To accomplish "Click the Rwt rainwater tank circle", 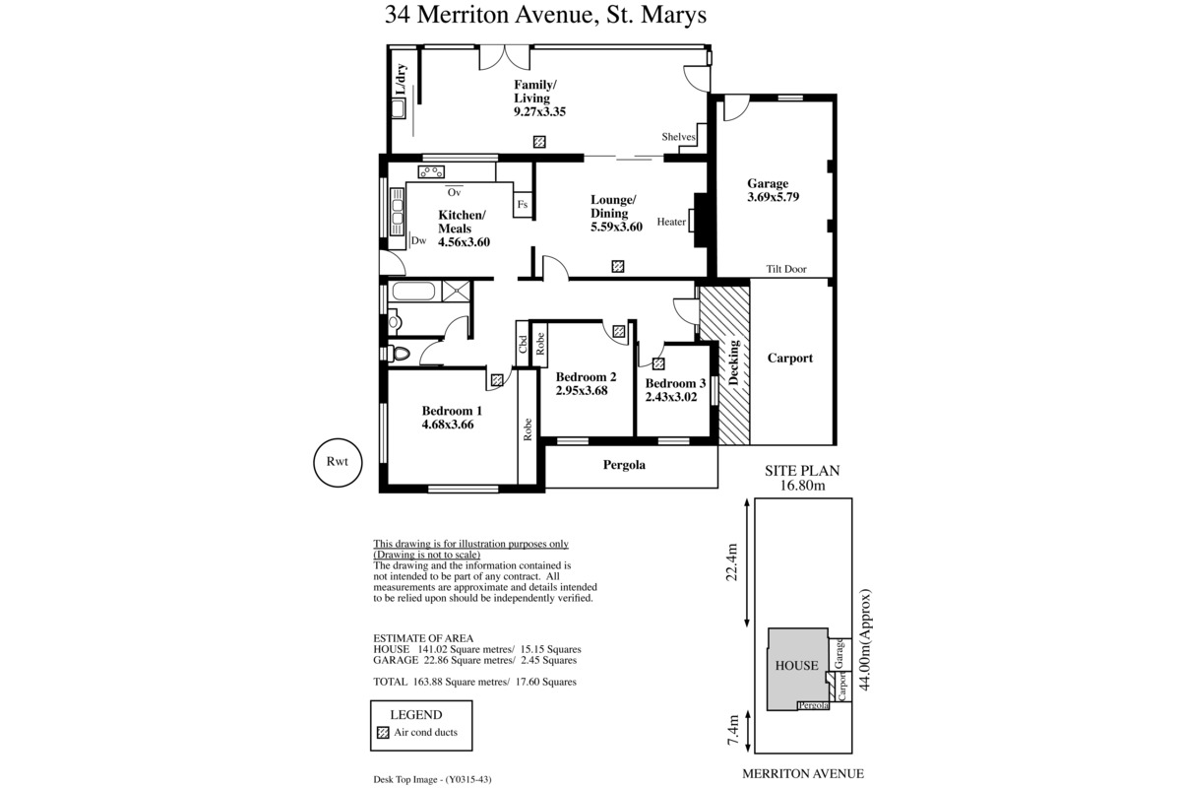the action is click(338, 463).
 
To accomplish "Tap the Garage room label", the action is click(767, 183).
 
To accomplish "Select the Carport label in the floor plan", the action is click(789, 359).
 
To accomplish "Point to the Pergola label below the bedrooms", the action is click(624, 465).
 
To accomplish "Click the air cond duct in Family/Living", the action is click(539, 142).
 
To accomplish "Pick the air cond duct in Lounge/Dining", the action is click(618, 266).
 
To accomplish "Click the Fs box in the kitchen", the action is click(523, 204).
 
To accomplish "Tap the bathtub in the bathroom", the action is click(414, 292).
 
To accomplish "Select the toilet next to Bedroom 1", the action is click(399, 353).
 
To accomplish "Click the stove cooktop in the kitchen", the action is click(431, 171).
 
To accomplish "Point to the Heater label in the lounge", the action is click(671, 223).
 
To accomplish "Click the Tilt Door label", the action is click(786, 269).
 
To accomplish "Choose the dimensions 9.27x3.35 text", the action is click(540, 112).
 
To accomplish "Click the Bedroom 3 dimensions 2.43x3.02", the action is click(671, 397).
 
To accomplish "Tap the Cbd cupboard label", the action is click(523, 344).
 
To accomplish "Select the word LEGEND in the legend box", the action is click(416, 715).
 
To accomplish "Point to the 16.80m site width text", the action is click(802, 486).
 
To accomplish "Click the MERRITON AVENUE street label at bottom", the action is click(803, 774).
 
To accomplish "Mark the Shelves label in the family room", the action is click(678, 137).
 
